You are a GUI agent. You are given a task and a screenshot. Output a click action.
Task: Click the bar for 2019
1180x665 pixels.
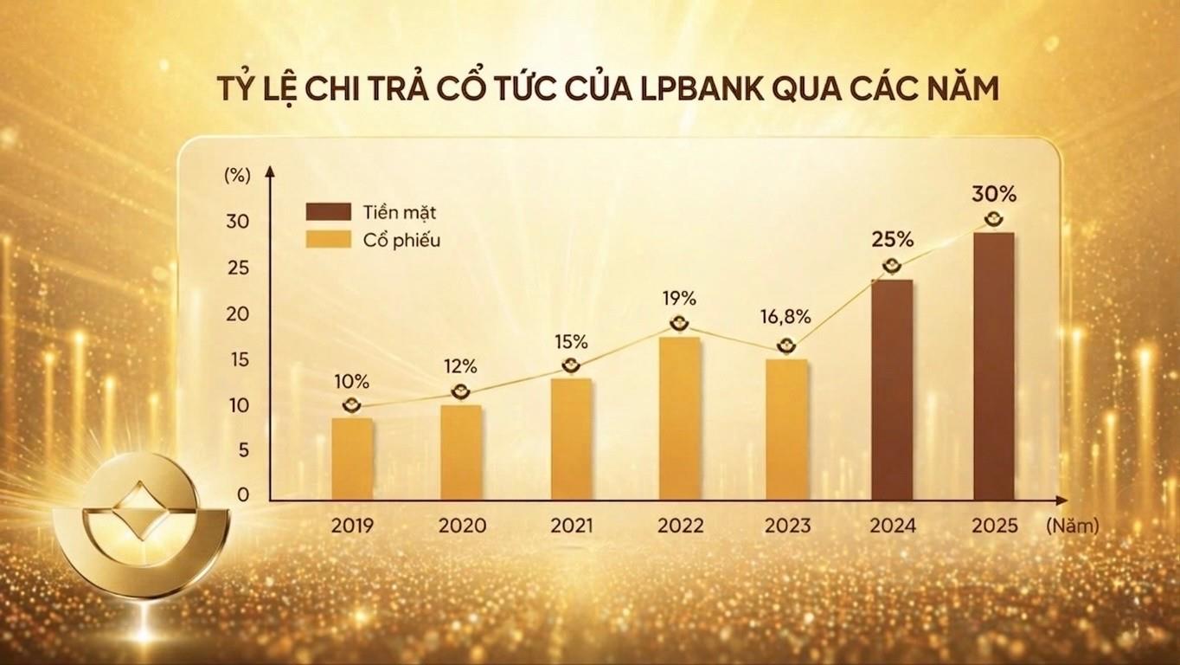point(352,459)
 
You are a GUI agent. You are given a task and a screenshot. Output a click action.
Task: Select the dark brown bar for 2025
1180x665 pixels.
point(993,366)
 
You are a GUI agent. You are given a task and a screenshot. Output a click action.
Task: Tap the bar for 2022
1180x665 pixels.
point(679,418)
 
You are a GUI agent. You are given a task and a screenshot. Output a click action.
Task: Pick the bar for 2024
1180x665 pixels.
point(891,390)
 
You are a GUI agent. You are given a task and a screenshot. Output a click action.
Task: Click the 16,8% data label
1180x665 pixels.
point(786,317)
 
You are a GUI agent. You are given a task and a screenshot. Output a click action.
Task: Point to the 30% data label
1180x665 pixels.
point(993,190)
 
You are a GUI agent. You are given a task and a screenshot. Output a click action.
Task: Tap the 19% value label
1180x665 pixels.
point(679,299)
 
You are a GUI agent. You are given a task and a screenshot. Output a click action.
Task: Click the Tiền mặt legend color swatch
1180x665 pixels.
point(328,212)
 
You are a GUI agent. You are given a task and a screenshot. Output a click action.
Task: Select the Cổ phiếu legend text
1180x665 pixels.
point(401,241)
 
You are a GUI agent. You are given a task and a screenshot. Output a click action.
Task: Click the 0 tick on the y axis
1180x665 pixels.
point(242,495)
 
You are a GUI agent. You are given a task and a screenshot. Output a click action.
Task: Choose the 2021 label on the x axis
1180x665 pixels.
point(571,526)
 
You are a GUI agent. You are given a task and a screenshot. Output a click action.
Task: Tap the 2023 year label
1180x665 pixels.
point(787,526)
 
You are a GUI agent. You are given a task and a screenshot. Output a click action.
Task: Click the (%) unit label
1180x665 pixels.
point(236,173)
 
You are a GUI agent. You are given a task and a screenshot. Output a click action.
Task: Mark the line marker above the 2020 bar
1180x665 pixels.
point(462,391)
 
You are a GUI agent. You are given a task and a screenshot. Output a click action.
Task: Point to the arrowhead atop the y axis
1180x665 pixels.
point(270,171)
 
